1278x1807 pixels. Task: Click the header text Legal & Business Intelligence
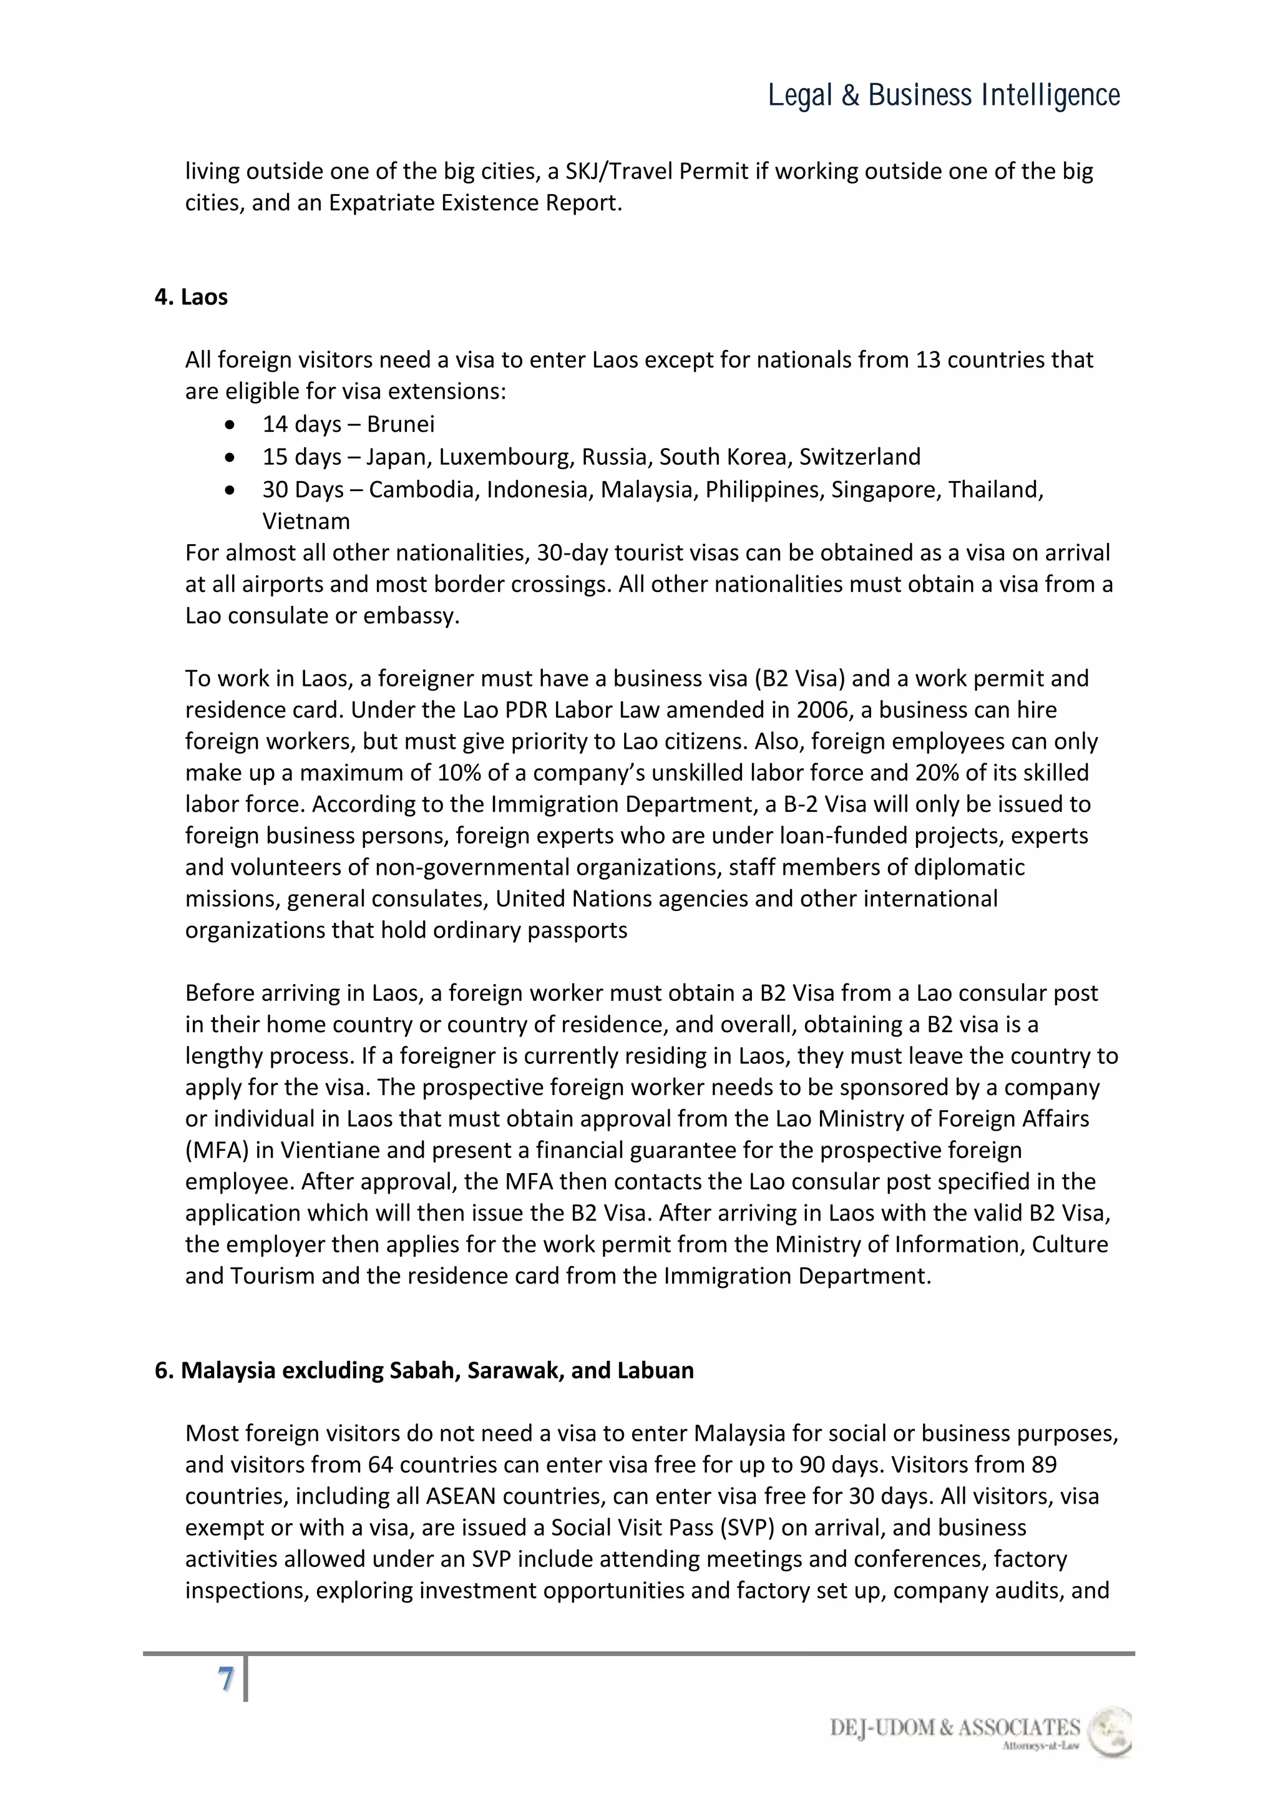pyautogui.click(x=944, y=95)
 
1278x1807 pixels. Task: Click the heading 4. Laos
pyautogui.click(x=191, y=297)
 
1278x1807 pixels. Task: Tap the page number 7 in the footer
pyautogui.click(x=226, y=1680)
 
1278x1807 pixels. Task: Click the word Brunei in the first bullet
pyautogui.click(x=401, y=424)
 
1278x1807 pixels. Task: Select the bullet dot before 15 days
pyautogui.click(x=229, y=457)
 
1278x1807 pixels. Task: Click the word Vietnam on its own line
pyautogui.click(x=306, y=521)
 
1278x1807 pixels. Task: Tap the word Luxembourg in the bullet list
pyautogui.click(x=506, y=457)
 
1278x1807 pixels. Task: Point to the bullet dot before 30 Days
pyautogui.click(x=229, y=490)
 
